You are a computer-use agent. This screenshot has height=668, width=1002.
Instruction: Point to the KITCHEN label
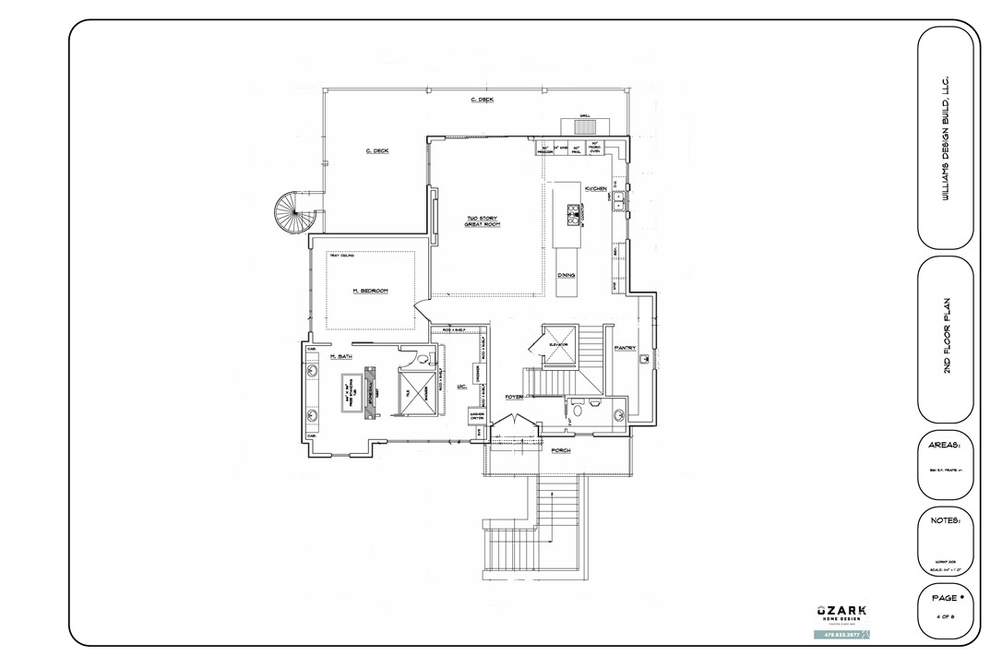[x=595, y=188]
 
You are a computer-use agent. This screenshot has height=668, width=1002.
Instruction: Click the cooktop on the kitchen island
[x=572, y=213]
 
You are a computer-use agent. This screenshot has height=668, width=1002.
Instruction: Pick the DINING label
[x=567, y=275]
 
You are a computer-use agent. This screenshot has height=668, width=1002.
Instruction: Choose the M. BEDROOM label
[x=370, y=291]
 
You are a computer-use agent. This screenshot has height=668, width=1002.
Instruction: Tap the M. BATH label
[x=341, y=356]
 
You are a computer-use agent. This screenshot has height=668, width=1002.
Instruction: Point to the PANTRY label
[x=626, y=348]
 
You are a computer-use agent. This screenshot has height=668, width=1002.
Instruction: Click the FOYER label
[x=514, y=397]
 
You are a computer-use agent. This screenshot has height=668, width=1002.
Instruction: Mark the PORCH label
[x=560, y=450]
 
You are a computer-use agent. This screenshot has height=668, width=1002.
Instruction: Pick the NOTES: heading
[x=945, y=520]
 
